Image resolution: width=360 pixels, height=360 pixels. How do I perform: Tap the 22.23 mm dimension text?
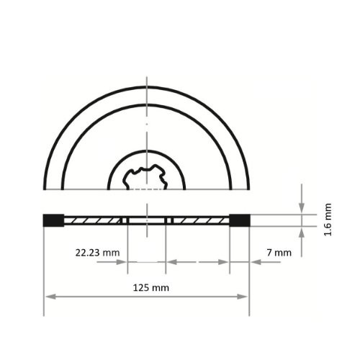(97, 253)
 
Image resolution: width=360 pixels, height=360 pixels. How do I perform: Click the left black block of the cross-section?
(53, 220)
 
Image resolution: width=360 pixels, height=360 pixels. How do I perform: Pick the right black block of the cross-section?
(239, 220)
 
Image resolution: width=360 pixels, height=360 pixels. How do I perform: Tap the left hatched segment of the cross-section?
(94, 220)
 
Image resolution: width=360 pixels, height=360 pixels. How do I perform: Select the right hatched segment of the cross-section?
(200, 220)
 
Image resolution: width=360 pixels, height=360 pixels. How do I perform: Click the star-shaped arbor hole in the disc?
(146, 177)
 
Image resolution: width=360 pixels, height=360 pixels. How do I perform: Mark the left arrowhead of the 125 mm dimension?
(48, 296)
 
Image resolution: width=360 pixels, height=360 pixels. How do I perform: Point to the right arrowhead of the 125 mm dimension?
(245, 296)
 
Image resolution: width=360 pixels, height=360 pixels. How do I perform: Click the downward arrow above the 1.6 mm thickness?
(302, 209)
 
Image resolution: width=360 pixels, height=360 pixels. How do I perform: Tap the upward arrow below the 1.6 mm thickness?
(302, 233)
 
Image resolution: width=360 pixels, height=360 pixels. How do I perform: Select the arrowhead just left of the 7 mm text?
(256, 262)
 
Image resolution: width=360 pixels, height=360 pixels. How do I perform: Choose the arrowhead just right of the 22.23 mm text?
(123, 262)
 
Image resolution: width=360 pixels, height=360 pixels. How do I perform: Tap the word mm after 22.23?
(111, 253)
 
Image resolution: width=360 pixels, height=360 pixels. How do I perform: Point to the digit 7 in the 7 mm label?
(269, 253)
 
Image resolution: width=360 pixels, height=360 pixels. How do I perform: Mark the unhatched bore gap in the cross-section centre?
(147, 220)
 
